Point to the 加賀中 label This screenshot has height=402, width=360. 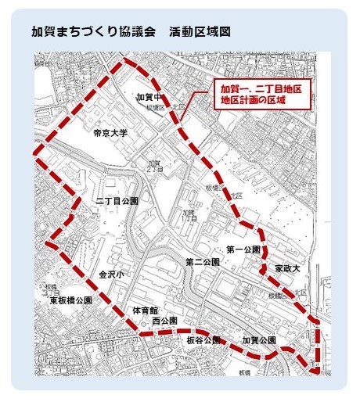coord(148,96)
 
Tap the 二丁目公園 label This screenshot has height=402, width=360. coord(117,200)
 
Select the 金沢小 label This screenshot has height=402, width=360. coord(112,274)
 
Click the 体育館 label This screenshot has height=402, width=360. coord(146,310)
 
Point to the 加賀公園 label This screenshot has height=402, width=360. coord(259,340)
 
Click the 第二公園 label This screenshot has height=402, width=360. coord(201,260)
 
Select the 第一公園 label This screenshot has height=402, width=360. coord(243,249)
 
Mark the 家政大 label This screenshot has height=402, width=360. coord(288,268)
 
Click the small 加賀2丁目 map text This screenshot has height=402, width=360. coord(153,165)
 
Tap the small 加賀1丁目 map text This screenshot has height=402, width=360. coord(189,215)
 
